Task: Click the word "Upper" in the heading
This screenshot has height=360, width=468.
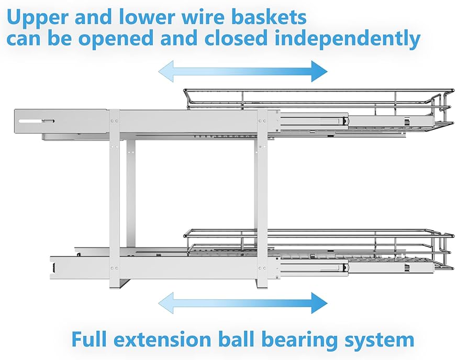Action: click(38, 17)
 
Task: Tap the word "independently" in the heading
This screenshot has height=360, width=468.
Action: click(348, 39)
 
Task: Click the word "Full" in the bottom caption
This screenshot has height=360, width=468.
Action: click(88, 339)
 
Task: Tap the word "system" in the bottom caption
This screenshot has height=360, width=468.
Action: click(380, 341)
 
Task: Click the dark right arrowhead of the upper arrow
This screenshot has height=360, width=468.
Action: click(319, 71)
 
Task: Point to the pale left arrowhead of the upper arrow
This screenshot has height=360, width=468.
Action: click(166, 71)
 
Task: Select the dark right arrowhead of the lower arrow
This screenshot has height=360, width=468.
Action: click(319, 303)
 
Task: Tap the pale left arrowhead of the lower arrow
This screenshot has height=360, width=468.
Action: click(166, 303)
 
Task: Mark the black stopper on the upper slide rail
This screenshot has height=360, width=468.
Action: click(345, 121)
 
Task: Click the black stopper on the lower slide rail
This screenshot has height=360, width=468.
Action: click(345, 267)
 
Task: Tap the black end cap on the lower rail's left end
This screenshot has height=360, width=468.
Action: click(54, 267)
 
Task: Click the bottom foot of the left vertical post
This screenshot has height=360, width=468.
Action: click(115, 285)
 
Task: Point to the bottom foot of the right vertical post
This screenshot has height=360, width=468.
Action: click(262, 285)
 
